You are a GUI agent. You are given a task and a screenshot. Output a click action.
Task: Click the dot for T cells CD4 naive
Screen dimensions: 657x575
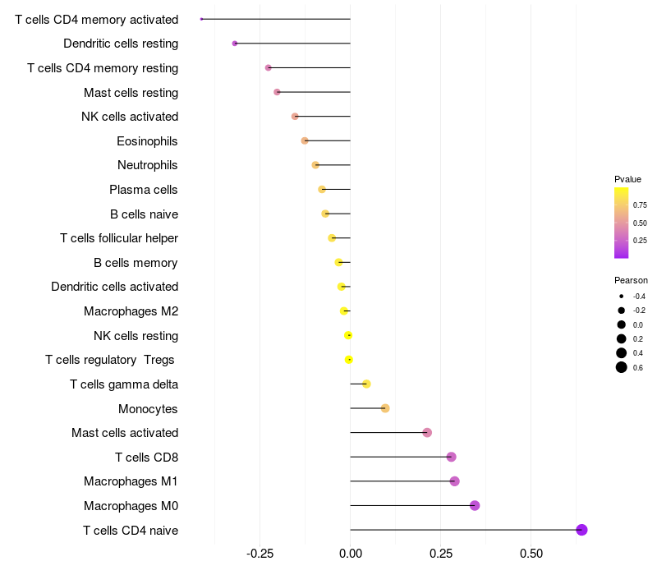[x=581, y=530]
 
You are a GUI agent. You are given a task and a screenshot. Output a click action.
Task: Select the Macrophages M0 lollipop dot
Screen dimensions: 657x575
[x=475, y=505]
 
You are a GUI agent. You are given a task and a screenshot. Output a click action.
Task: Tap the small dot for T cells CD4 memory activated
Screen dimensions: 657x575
[x=201, y=19]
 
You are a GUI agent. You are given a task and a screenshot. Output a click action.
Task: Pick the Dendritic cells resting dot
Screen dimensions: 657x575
[x=235, y=44]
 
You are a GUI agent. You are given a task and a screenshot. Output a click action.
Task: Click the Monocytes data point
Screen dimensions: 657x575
[x=385, y=408]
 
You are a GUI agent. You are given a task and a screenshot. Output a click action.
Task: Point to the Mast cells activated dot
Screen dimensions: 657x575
[x=427, y=433]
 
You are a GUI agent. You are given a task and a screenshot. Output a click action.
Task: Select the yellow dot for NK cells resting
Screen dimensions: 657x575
[x=348, y=335]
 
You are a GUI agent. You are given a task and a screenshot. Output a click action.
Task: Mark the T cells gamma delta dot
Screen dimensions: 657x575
[x=366, y=384]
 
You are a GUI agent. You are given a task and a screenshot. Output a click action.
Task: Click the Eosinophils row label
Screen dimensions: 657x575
[x=147, y=141]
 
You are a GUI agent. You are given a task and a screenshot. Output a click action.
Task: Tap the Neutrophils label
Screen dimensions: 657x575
[x=148, y=165]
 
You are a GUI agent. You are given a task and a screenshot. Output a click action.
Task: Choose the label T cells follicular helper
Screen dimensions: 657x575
[x=119, y=238]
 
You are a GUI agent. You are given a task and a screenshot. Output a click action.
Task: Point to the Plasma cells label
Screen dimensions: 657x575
[x=143, y=190]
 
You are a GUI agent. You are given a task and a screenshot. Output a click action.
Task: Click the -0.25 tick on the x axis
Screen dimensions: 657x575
[x=260, y=554]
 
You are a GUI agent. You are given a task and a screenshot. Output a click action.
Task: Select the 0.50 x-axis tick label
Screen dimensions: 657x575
[x=531, y=554]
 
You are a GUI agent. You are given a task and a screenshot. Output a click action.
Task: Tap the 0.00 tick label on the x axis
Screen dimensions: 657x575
[x=351, y=554]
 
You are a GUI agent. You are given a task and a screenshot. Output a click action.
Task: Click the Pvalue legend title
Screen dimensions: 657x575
[x=627, y=179]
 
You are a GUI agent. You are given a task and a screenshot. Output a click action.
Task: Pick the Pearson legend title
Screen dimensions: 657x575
[x=631, y=280]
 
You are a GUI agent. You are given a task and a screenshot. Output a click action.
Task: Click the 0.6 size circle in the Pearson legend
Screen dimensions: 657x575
[x=622, y=367]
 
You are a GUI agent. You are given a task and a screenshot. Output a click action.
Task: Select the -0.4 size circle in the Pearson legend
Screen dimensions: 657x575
[x=622, y=297]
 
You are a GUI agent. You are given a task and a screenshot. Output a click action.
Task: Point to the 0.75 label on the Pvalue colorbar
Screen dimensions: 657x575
[x=640, y=205]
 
